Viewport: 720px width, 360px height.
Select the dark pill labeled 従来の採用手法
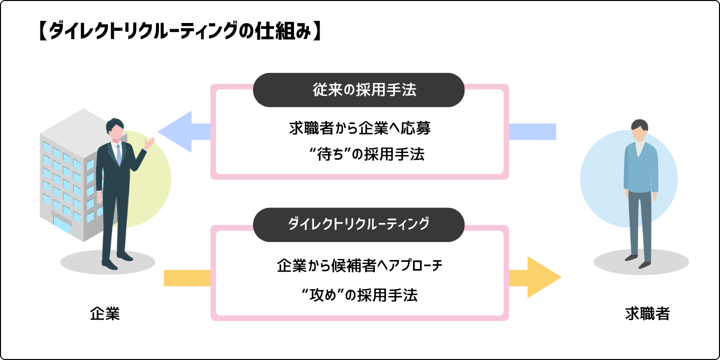pyautogui.click(x=358, y=90)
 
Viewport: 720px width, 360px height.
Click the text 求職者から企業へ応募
pyautogui.click(x=359, y=128)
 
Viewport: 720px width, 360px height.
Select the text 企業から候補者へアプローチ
pyautogui.click(x=359, y=265)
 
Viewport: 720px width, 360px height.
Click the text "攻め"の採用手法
pyautogui.click(x=359, y=295)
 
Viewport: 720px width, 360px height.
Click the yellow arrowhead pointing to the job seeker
pyautogui.click(x=542, y=277)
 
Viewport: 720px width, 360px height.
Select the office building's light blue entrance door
pyautogui.click(x=62, y=225)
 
